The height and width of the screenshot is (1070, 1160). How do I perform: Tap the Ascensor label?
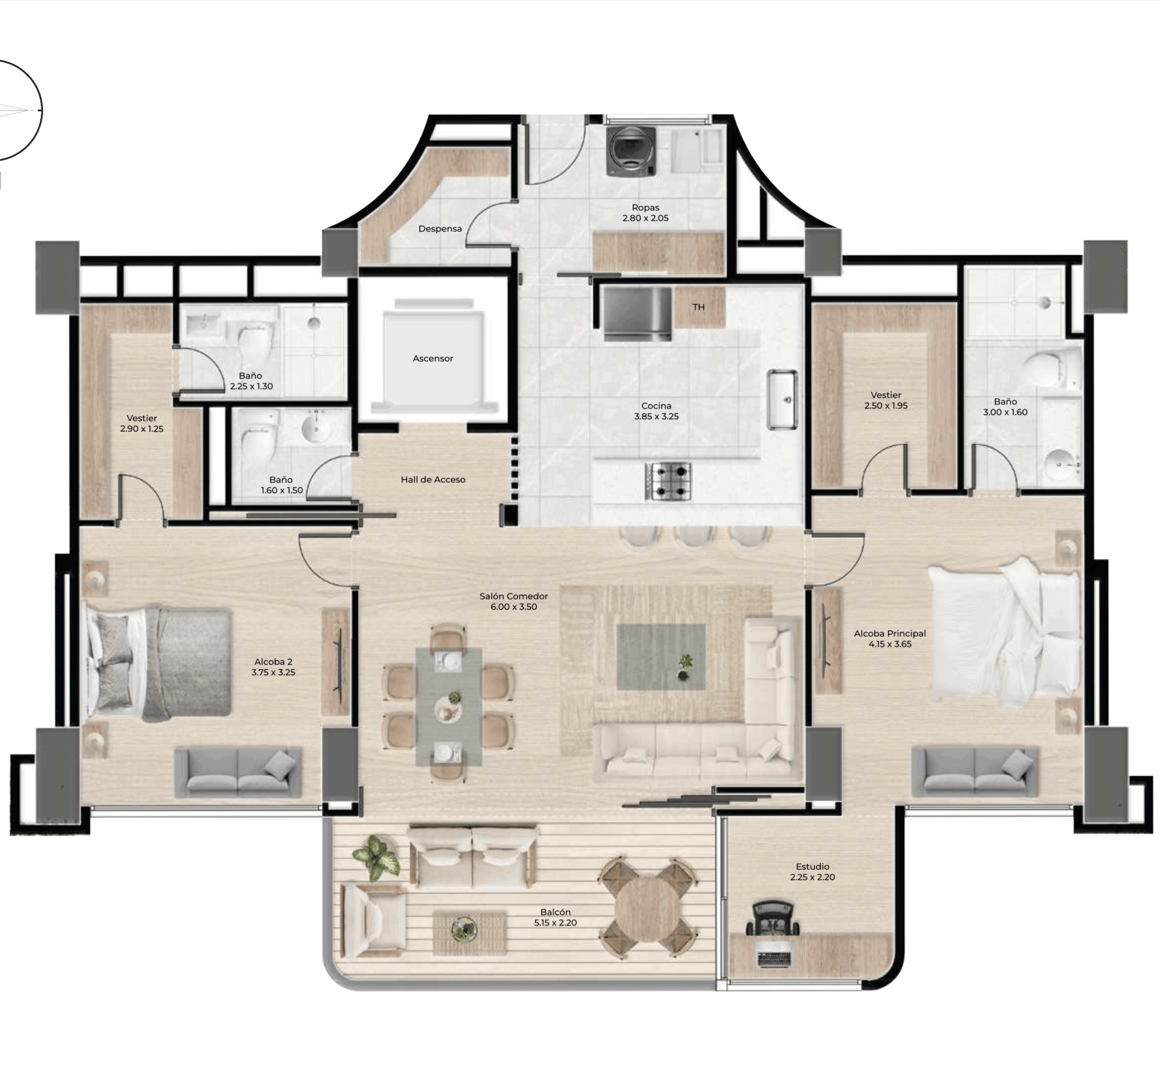click(433, 358)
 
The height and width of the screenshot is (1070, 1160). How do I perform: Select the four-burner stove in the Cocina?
click(668, 482)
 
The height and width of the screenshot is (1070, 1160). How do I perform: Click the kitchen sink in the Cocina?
click(782, 399)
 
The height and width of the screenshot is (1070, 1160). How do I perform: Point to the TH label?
click(698, 307)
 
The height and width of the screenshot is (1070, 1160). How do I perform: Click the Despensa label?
click(440, 228)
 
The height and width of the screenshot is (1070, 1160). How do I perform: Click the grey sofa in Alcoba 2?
click(238, 772)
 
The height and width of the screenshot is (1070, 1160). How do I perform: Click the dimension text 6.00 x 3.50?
click(514, 607)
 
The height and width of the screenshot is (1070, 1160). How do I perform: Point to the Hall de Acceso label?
click(433, 480)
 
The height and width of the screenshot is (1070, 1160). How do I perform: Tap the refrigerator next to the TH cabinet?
click(637, 314)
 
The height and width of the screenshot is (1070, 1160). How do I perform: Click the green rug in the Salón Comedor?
click(661, 657)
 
